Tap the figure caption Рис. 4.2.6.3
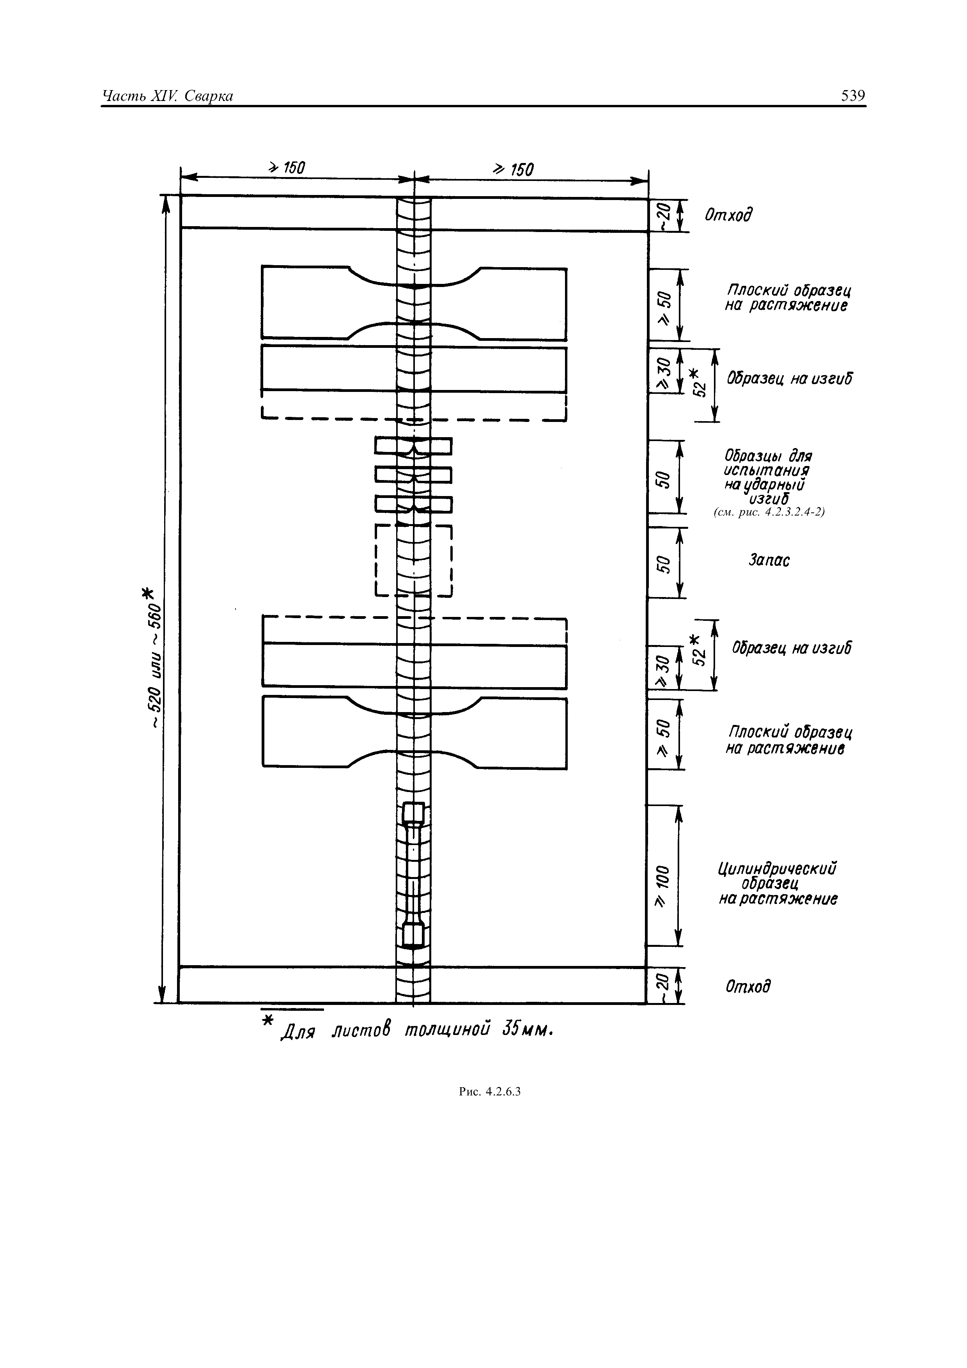pyautogui.click(x=490, y=1091)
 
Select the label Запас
pyautogui.click(x=769, y=560)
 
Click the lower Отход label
pyautogui.click(x=748, y=987)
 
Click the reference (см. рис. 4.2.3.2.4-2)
pyautogui.click(x=769, y=512)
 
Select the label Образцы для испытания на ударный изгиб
pyautogui.click(x=767, y=477)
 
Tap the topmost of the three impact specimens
pyautogui.click(x=413, y=446)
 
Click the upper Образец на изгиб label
pyautogui.click(x=789, y=378)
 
